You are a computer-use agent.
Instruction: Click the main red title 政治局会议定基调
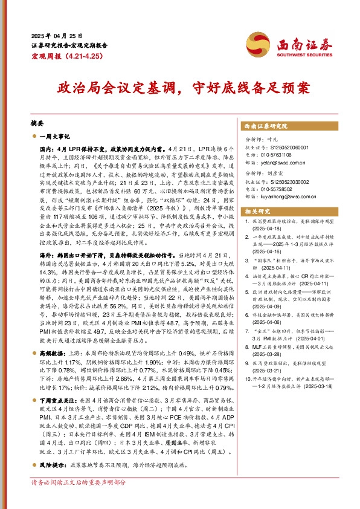114,89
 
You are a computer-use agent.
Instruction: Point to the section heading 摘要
37,122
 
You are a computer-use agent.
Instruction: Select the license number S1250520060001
295,146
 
